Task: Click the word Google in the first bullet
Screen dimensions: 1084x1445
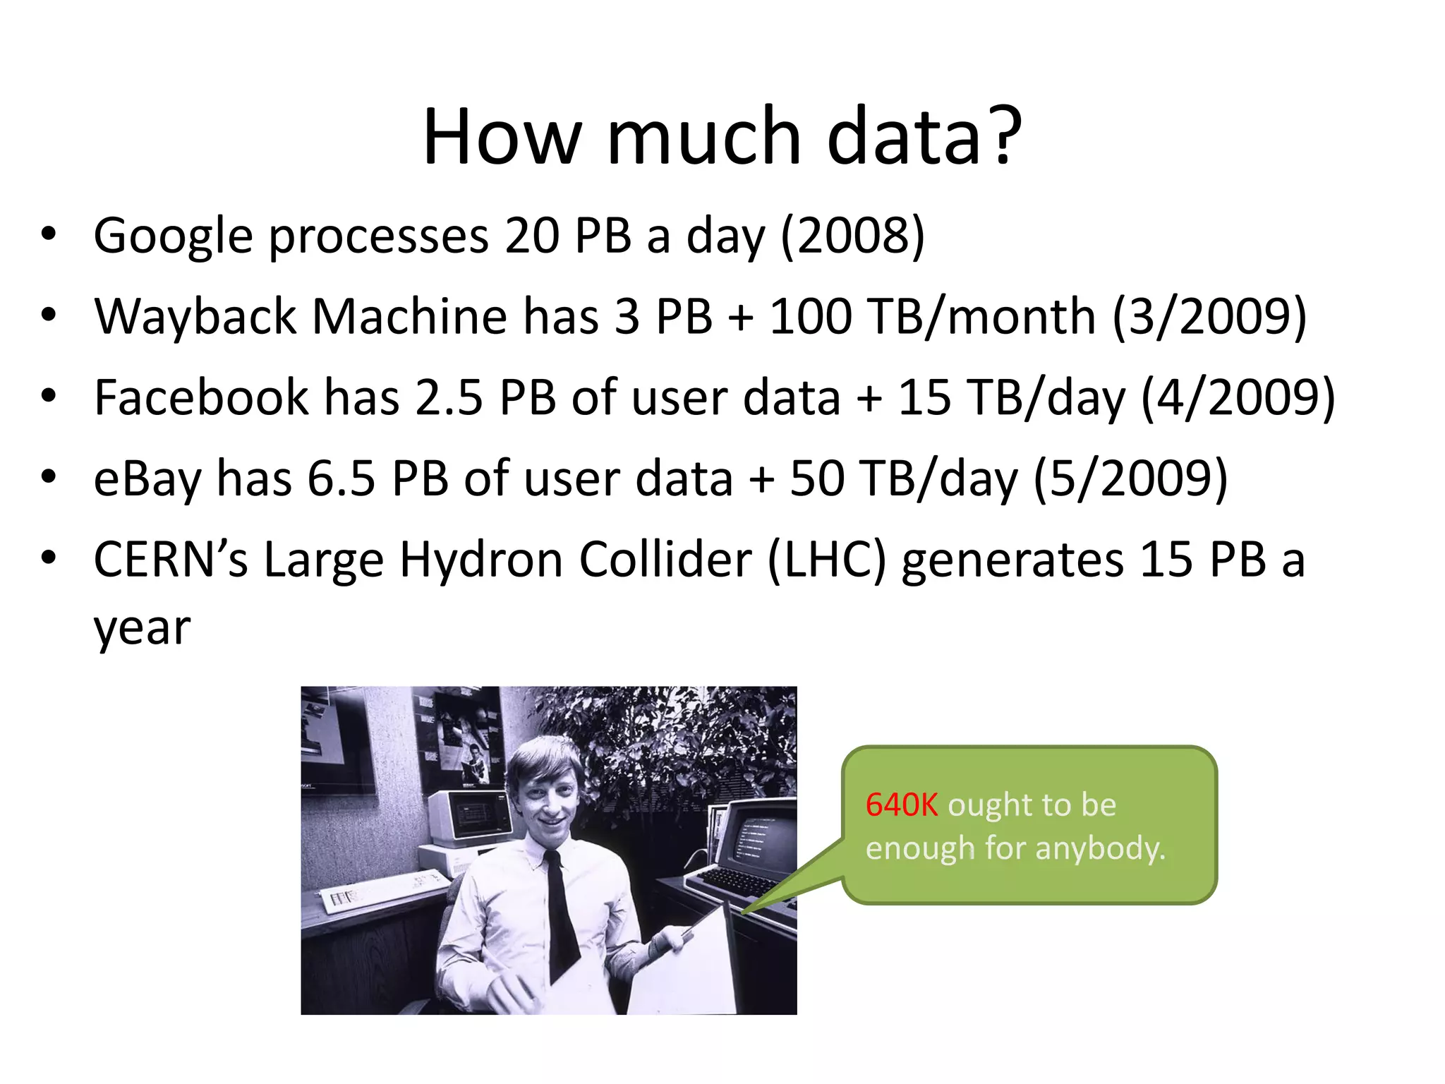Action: coord(173,236)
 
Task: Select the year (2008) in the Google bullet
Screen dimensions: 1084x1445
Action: coord(852,236)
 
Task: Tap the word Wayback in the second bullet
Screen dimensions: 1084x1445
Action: coord(195,317)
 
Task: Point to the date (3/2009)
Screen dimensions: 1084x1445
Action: coord(1209,317)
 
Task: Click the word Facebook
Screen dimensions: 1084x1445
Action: coord(200,398)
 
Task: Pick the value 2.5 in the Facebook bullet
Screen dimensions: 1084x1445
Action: coord(448,398)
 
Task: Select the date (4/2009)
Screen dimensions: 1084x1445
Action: coord(1238,398)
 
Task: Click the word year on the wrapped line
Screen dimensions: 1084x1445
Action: coord(142,628)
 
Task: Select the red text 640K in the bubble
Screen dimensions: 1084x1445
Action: coord(901,805)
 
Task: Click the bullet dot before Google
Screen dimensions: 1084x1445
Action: coord(48,234)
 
